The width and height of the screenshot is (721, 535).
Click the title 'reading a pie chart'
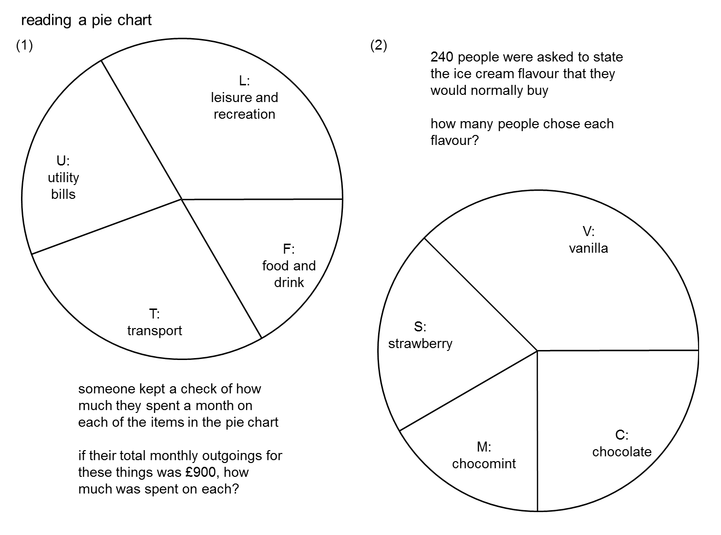pyautogui.click(x=86, y=21)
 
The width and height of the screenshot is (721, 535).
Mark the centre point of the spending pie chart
pyautogui.click(x=182, y=199)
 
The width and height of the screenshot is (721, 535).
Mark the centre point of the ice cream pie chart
pyautogui.click(x=537, y=351)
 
